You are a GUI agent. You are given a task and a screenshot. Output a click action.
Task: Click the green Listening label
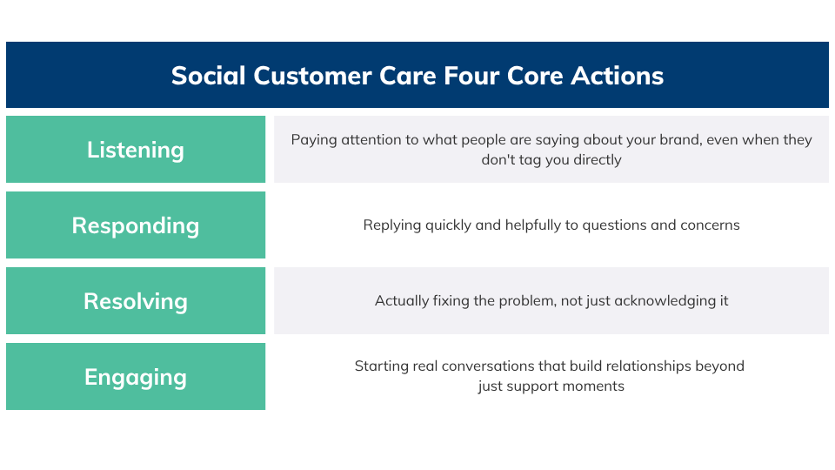(x=136, y=150)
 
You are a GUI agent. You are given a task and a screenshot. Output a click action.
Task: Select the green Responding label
(x=136, y=225)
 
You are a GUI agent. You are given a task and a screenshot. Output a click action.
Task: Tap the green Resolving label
(x=136, y=301)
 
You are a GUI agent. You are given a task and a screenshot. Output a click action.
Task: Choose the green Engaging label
(x=136, y=377)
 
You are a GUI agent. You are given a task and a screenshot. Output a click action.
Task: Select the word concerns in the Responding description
(x=709, y=225)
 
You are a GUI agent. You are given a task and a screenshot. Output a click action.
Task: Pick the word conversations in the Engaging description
(x=492, y=366)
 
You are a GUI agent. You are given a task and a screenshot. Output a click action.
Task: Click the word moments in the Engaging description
(x=596, y=386)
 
